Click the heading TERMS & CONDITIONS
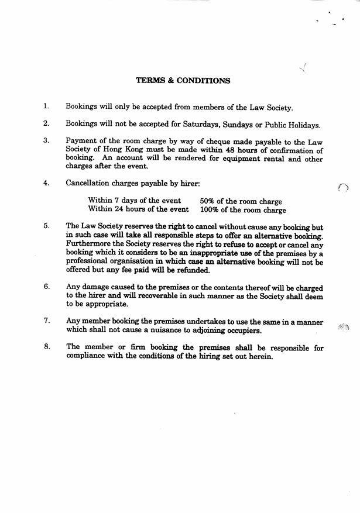coord(183,81)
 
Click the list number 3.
coord(46,141)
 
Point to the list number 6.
coord(46,287)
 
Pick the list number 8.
coord(46,347)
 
